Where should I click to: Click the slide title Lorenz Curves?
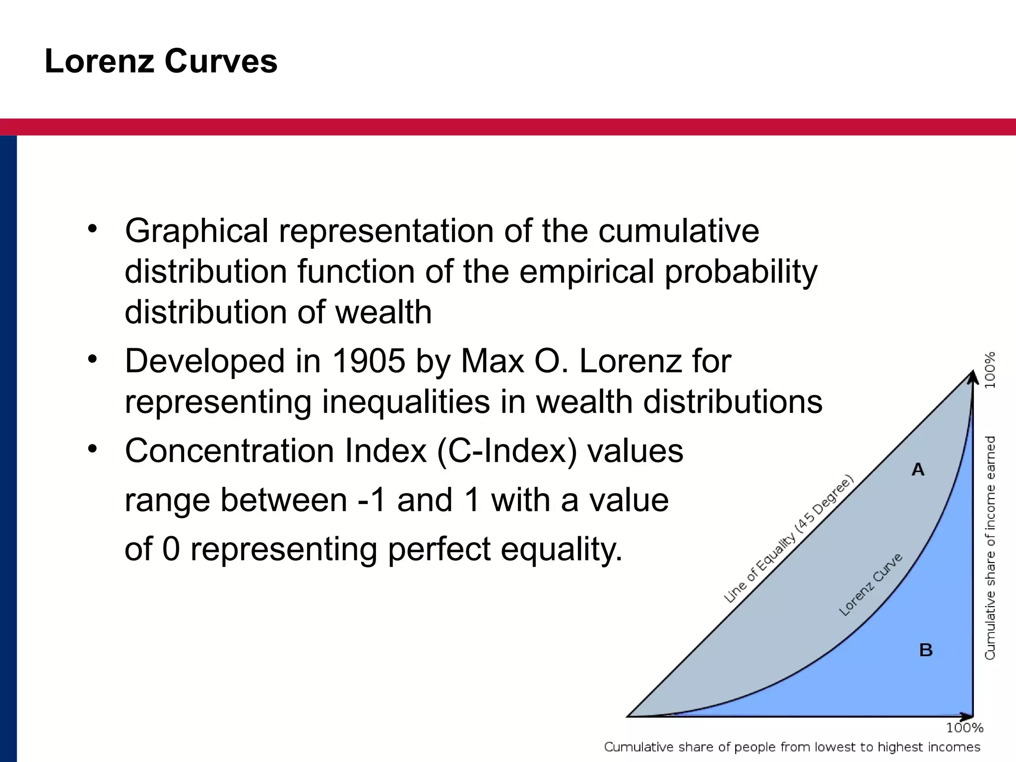(x=161, y=62)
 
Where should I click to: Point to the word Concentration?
(x=229, y=451)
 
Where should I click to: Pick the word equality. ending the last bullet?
(x=561, y=550)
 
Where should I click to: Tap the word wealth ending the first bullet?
(x=383, y=313)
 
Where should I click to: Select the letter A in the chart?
(x=918, y=469)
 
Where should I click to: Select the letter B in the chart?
(x=926, y=650)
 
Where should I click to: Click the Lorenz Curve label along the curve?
(x=870, y=585)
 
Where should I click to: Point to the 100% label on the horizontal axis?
(x=964, y=728)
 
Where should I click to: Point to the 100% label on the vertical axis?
(x=990, y=370)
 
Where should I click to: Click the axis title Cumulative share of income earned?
(x=990, y=548)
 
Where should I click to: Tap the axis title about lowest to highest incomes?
(x=792, y=747)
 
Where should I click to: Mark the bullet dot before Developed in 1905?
(x=92, y=358)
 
